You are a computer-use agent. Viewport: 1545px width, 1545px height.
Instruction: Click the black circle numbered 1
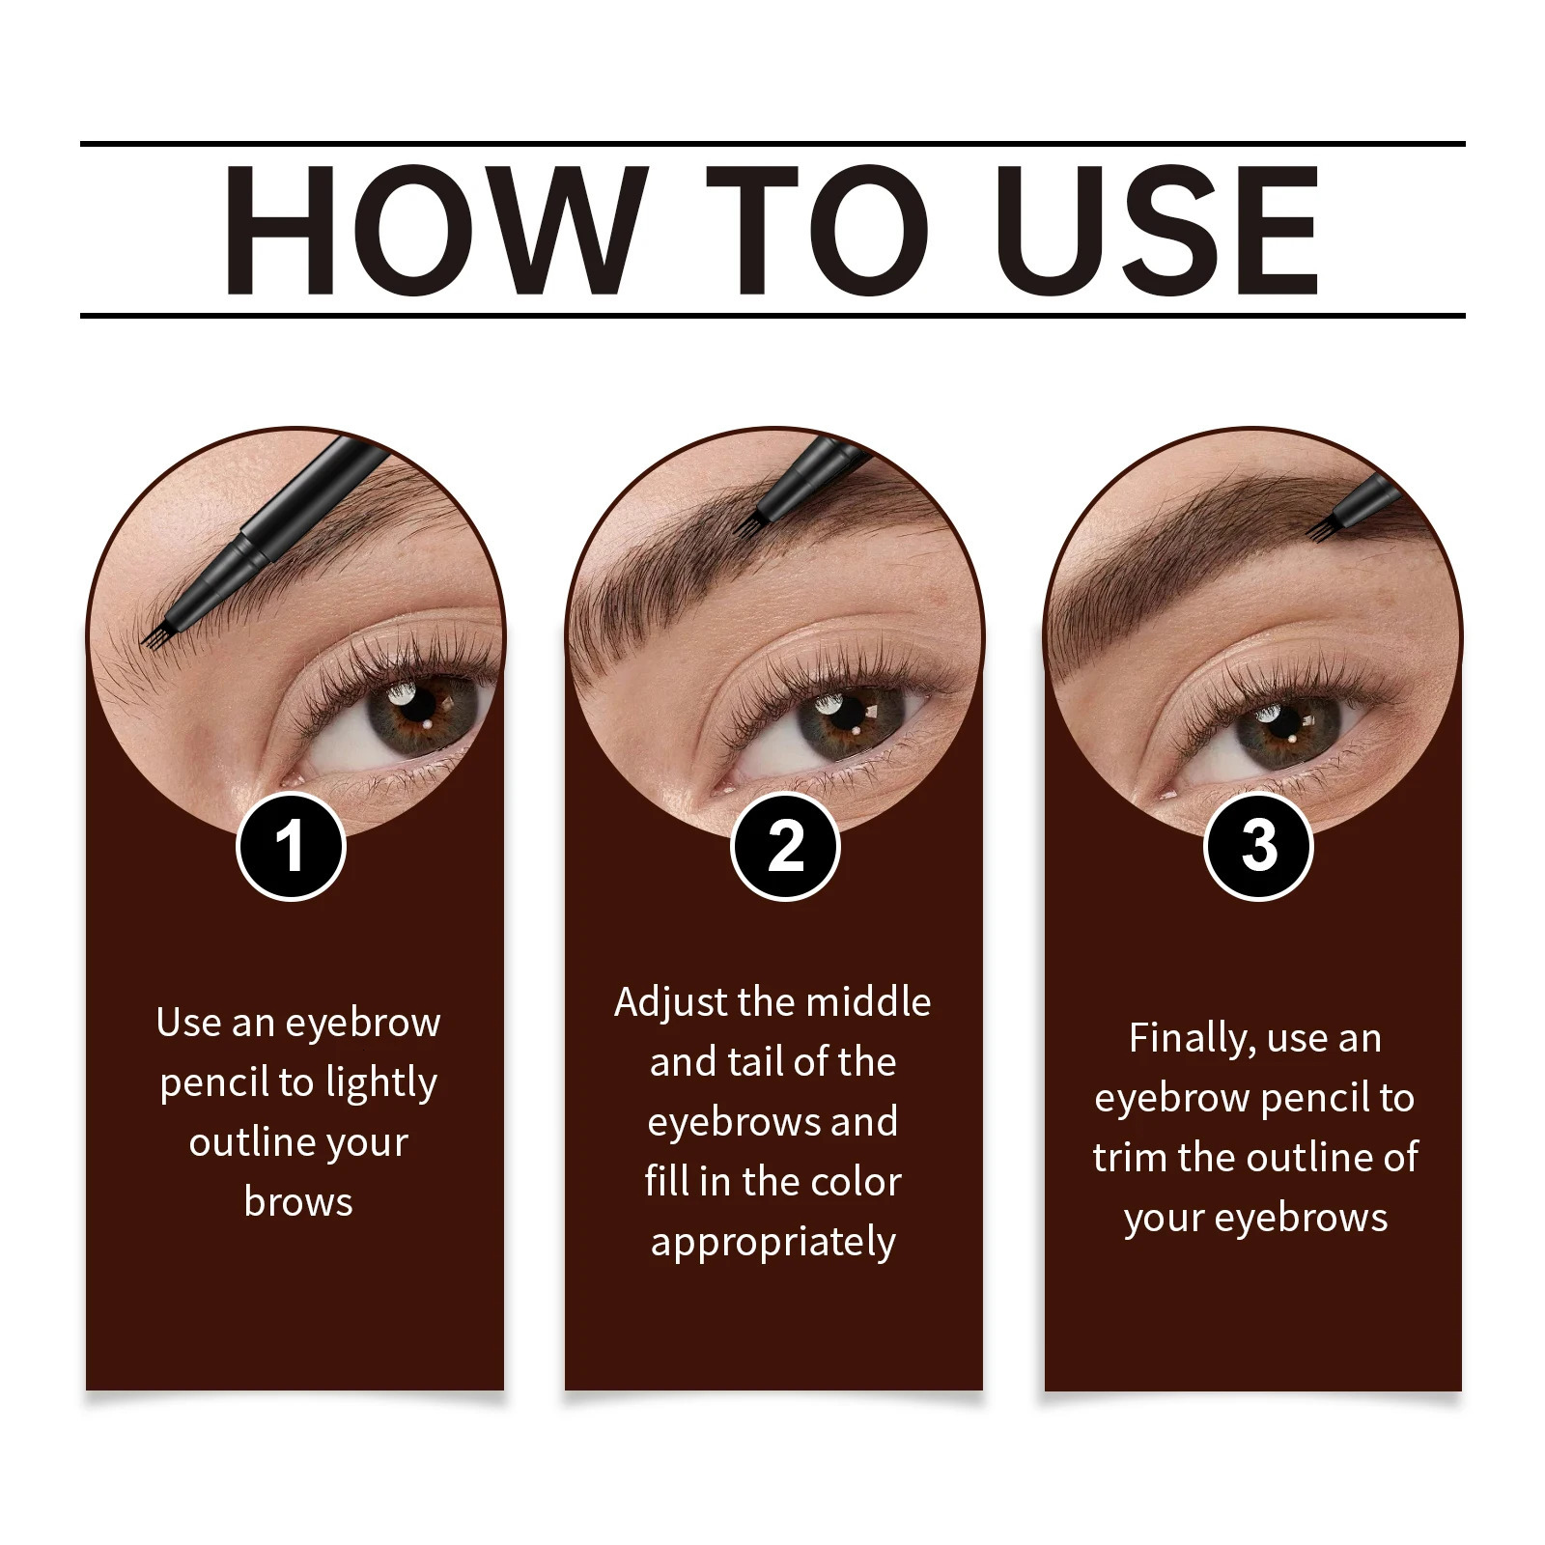(x=291, y=847)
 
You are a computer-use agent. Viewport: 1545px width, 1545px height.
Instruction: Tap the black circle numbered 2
(x=785, y=847)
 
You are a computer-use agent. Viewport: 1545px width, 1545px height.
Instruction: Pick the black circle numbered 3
(x=1259, y=847)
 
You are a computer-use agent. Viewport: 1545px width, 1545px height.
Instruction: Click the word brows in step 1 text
(x=298, y=1202)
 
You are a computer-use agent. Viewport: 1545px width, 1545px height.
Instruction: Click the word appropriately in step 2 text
(x=772, y=1242)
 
